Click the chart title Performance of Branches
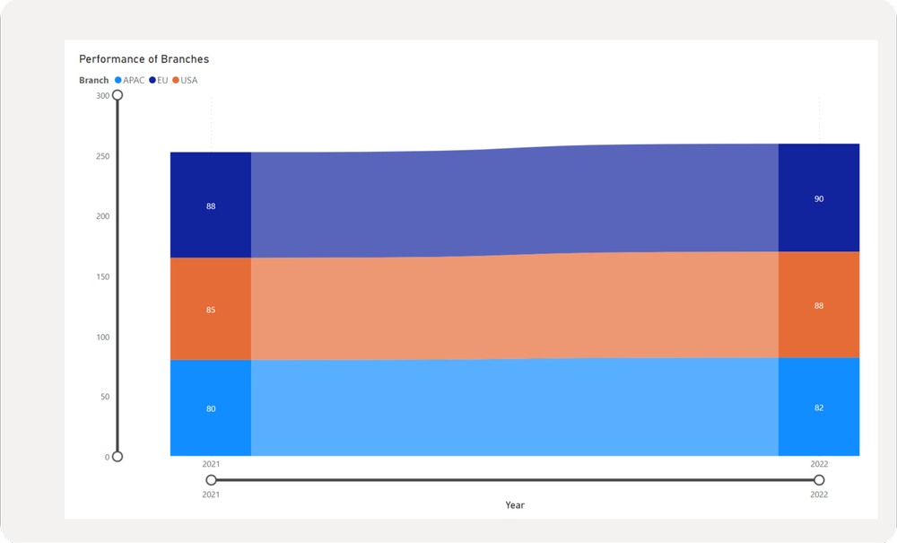coord(144,59)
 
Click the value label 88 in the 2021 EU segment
coord(211,206)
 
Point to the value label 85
coord(211,310)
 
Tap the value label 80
coord(211,409)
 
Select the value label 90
coord(819,199)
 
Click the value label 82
coord(819,407)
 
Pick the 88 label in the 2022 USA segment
coord(819,306)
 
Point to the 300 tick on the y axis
coord(102,96)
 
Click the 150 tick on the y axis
coord(102,276)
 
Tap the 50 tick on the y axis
coord(104,397)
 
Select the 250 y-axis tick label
coord(102,156)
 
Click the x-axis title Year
coord(515,505)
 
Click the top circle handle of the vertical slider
coord(118,95)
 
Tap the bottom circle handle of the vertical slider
coord(118,457)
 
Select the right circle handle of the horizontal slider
coord(819,480)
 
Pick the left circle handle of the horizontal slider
coord(211,480)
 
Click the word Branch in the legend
coord(94,81)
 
